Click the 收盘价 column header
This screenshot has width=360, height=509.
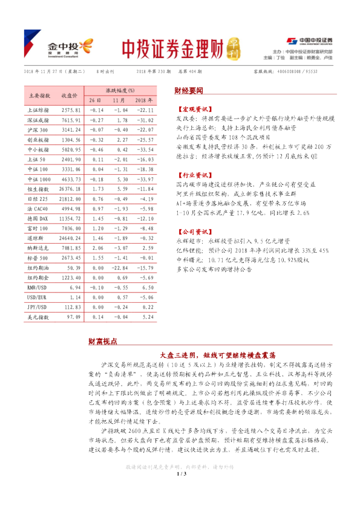tap(68, 95)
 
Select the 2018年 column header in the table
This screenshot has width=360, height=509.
tap(143, 100)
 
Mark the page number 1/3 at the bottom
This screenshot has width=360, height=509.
tap(180, 498)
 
